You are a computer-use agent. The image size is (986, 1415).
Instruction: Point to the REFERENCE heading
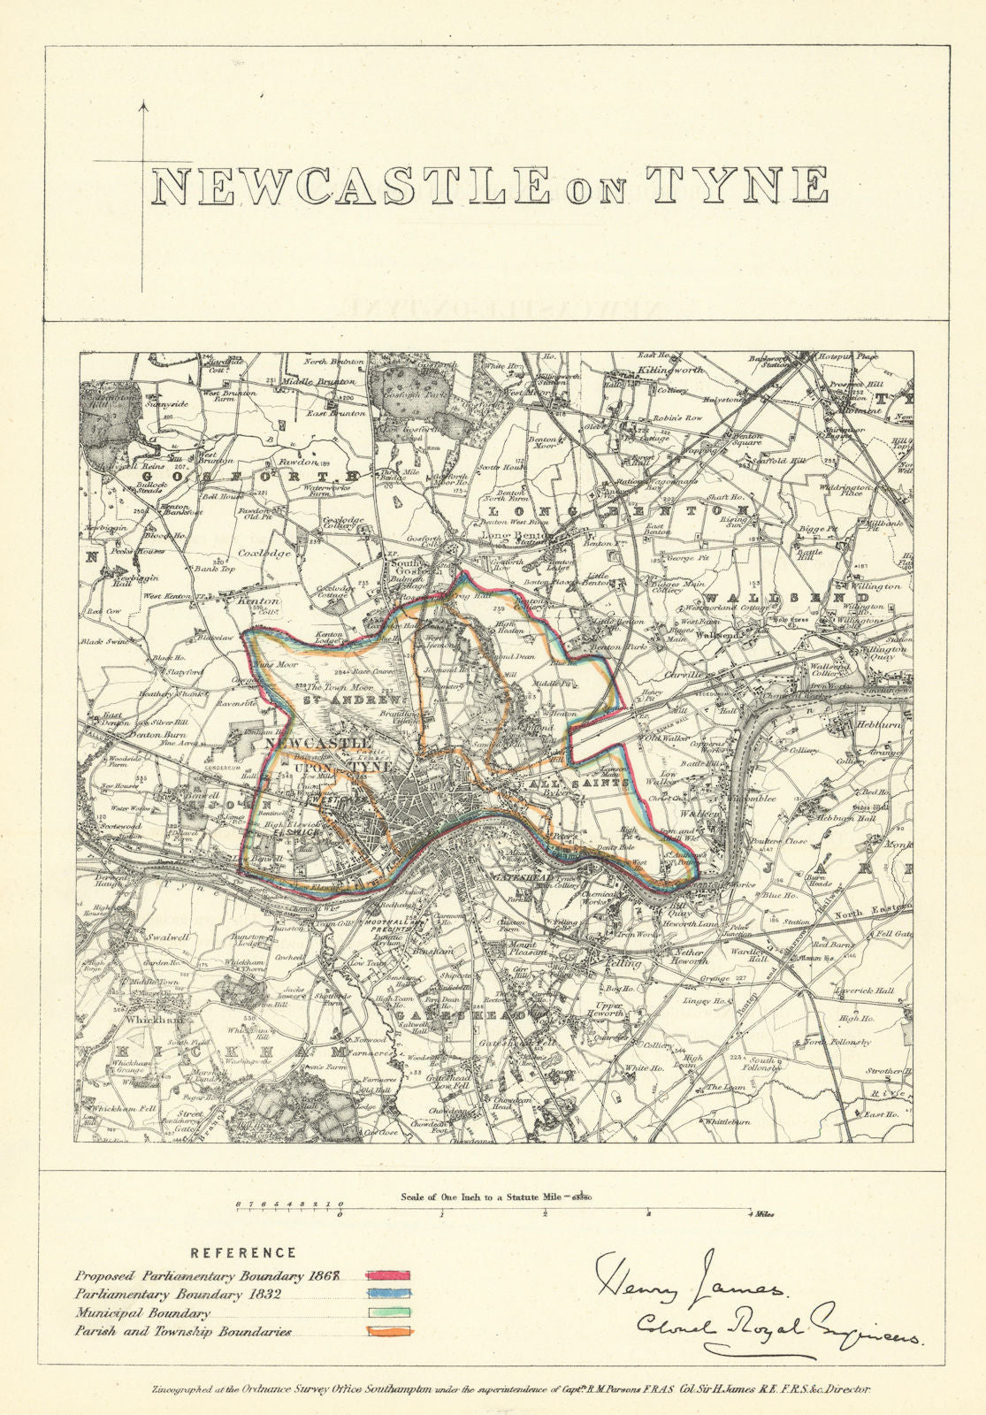[x=244, y=1252]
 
